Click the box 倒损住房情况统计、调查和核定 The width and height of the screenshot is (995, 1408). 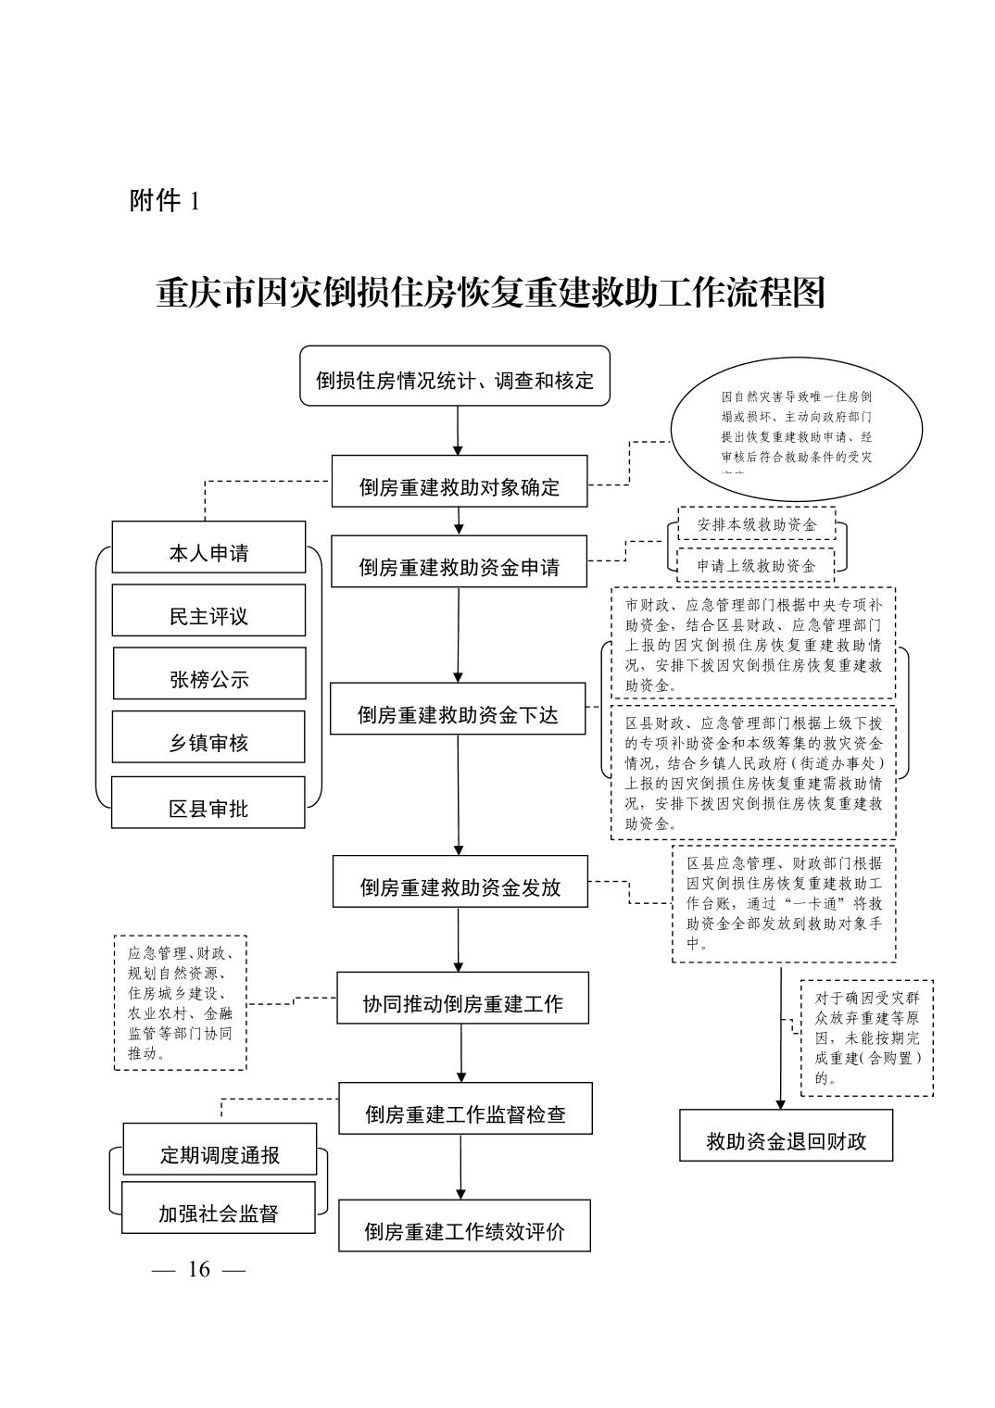click(455, 376)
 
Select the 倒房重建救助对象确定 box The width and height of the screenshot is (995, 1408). click(460, 481)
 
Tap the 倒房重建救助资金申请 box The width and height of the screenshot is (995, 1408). click(460, 561)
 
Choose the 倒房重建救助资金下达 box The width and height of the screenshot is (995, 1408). click(458, 709)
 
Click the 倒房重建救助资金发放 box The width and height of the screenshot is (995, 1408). click(460, 881)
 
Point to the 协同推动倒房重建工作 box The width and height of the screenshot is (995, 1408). click(462, 998)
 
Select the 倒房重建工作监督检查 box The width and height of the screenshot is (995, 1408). click(465, 1108)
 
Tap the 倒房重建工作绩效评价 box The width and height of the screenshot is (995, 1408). click(464, 1226)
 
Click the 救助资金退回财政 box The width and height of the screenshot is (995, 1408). click(787, 1135)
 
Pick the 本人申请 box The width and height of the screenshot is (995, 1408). click(208, 547)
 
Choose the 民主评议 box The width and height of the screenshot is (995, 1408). click(208, 610)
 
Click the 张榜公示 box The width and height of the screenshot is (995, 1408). click(209, 673)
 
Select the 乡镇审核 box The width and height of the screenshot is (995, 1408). click(208, 737)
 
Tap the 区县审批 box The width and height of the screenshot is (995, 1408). click(208, 802)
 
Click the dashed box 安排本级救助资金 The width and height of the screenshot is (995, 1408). click(757, 523)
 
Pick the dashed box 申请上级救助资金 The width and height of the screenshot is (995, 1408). click(756, 564)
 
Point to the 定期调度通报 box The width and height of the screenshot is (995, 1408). click(220, 1150)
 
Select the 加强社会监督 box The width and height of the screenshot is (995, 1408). click(219, 1208)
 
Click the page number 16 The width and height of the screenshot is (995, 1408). click(199, 1269)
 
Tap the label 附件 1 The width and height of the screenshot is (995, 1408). click(164, 201)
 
